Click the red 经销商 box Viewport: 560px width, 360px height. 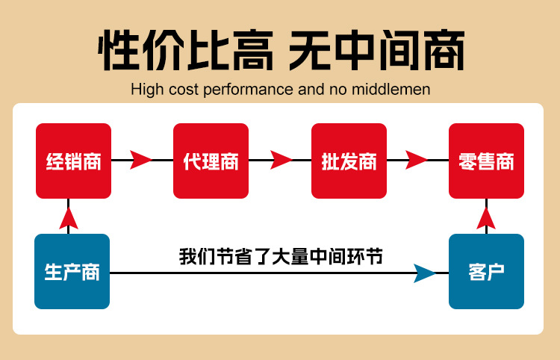pos(73,161)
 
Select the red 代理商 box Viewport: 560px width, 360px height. pos(211,161)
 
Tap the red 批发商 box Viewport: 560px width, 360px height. pos(349,161)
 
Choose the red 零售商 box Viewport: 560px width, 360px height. pos(486,161)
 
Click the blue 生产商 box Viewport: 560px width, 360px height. pos(72,271)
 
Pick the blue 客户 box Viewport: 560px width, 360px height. pos(486,271)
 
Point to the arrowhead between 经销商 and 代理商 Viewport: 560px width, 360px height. pos(140,160)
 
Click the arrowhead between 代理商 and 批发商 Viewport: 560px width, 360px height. pos(280,160)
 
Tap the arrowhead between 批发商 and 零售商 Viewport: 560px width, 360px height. pos(417,160)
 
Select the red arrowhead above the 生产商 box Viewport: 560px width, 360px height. pos(69,217)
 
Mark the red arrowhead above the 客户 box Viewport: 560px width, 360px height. pos(486,217)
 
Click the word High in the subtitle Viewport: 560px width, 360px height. pos(146,90)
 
